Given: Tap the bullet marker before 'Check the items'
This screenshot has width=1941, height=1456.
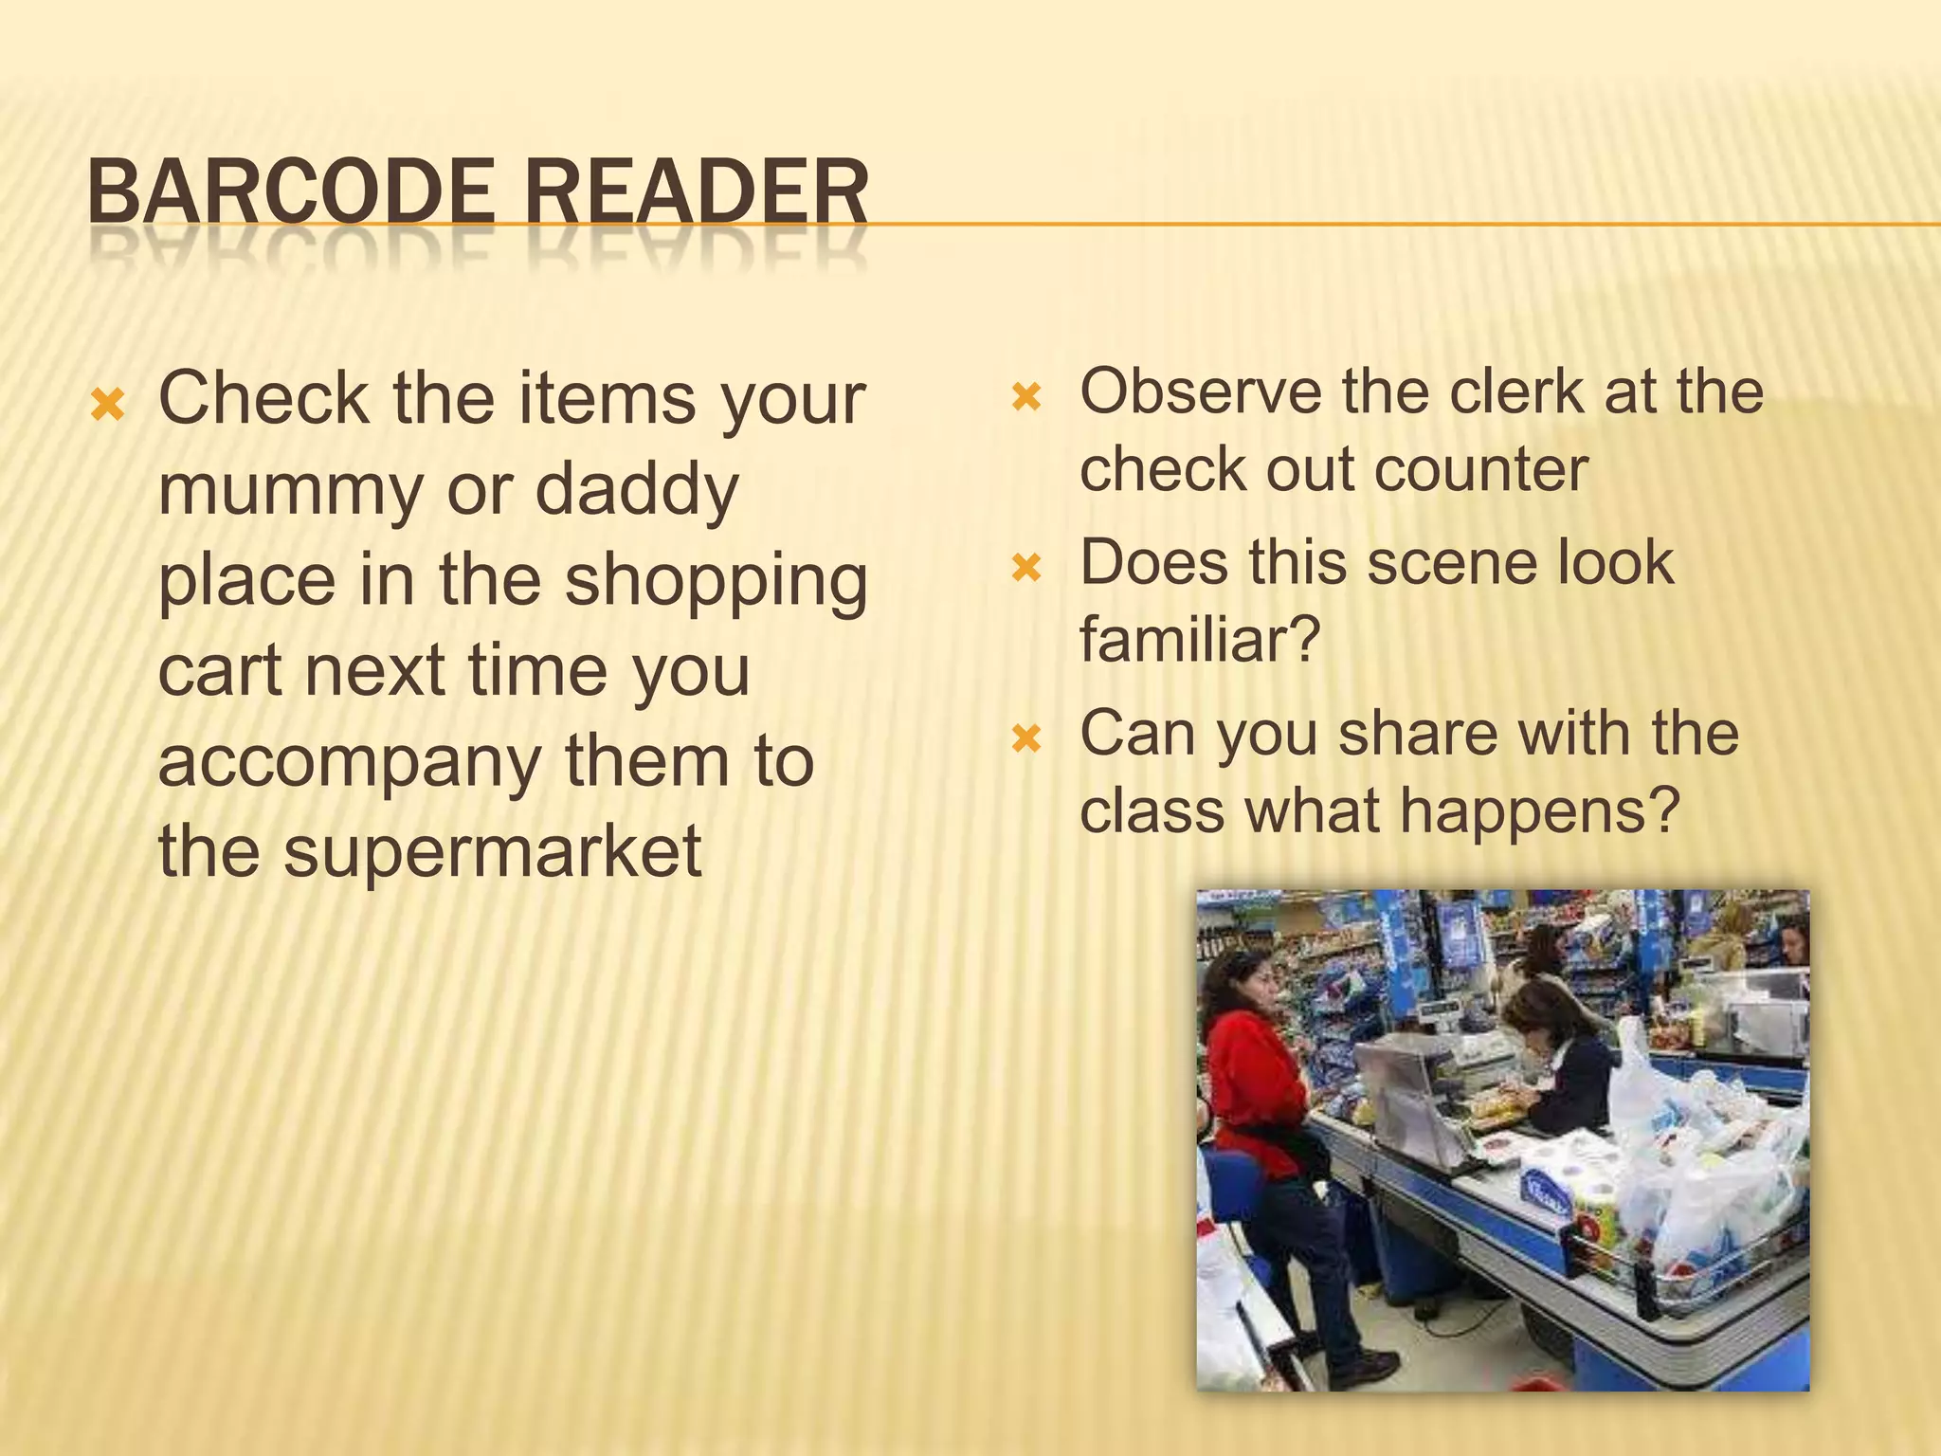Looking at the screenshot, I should tap(108, 406).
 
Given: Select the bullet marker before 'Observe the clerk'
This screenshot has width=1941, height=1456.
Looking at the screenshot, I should tap(1026, 396).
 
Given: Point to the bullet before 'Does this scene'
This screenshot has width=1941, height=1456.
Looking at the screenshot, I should tap(1026, 568).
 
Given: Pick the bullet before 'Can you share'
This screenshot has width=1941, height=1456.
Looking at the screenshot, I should tap(1026, 738).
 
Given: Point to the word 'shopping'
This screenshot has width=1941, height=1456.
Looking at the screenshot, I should tap(717, 581).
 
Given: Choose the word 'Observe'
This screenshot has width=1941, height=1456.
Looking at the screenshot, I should tap(1200, 391).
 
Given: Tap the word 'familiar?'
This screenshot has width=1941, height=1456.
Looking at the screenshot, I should tap(1200, 640).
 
